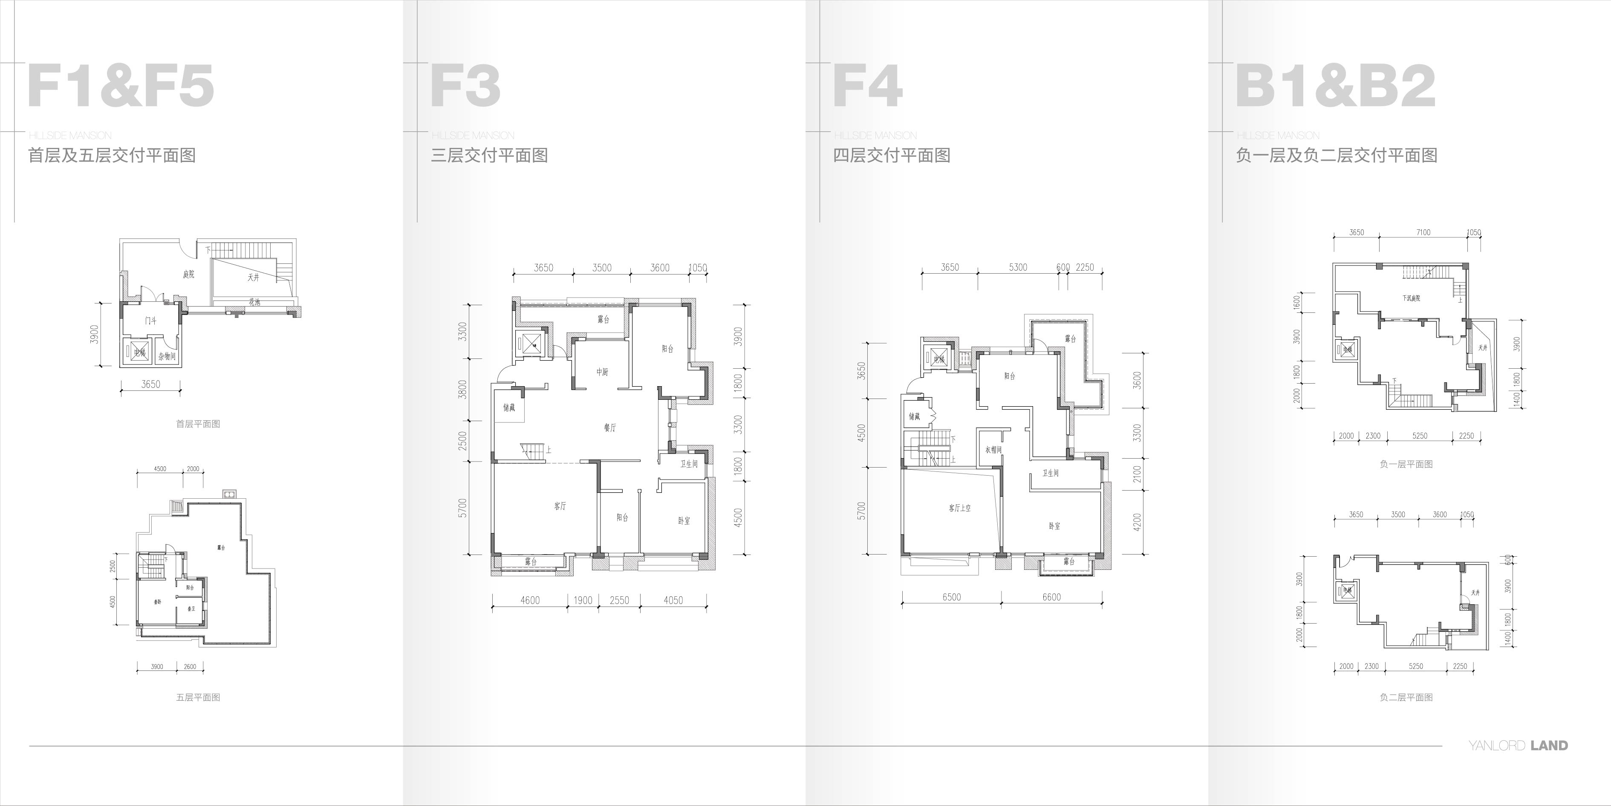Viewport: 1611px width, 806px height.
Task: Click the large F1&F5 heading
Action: (121, 86)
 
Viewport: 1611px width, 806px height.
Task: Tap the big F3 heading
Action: (465, 86)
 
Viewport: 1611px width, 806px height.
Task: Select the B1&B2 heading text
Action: (1335, 86)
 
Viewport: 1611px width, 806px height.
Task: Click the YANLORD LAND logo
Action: (1518, 745)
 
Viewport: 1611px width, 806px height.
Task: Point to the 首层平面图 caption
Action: (198, 424)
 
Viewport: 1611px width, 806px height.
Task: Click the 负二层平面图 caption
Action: (1406, 697)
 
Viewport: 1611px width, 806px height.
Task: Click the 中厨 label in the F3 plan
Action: (602, 372)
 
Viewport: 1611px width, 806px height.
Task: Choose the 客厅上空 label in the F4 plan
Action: (959, 508)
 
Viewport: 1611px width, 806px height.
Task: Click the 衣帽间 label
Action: (993, 450)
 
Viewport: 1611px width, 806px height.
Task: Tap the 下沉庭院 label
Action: (1411, 298)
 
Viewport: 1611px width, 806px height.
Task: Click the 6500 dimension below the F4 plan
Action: (951, 597)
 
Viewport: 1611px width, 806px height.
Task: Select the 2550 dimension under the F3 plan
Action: (619, 600)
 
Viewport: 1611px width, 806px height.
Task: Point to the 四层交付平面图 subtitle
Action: (891, 155)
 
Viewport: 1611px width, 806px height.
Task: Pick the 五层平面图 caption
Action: (198, 697)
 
